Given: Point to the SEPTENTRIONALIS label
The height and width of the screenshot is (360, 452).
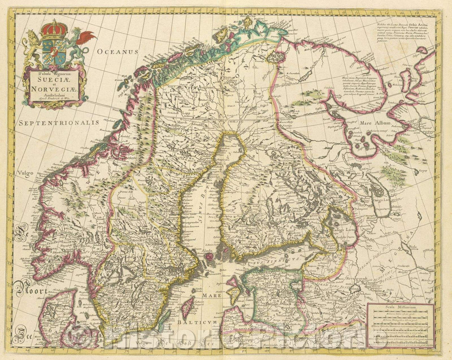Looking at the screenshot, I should tap(58, 123).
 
